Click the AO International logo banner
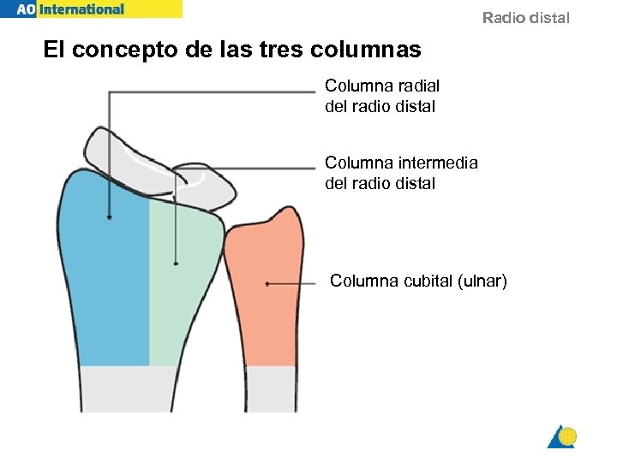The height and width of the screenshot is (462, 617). (x=90, y=9)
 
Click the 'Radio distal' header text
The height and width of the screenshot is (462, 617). (x=525, y=18)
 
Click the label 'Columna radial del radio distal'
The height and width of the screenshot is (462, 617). (x=381, y=96)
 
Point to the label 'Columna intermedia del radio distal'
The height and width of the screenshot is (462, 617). (x=401, y=172)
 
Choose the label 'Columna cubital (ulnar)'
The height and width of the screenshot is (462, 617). (x=418, y=281)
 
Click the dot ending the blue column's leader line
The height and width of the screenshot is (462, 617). (x=109, y=217)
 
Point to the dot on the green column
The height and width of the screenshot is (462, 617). (x=176, y=264)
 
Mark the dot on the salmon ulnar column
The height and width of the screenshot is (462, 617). (x=267, y=283)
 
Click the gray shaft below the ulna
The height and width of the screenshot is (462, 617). (x=270, y=388)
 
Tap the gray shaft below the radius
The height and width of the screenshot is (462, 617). (x=129, y=388)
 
